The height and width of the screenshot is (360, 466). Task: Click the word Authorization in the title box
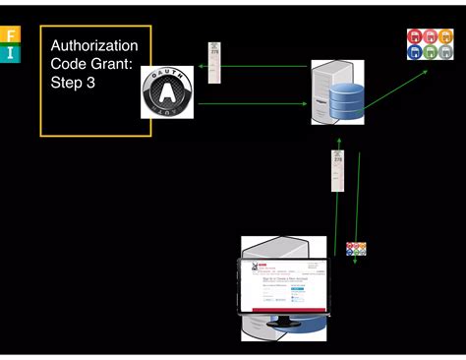point(94,46)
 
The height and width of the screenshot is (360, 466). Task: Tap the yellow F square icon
point(11,35)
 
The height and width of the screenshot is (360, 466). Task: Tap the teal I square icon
point(11,53)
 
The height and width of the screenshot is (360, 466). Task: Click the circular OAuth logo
point(167,92)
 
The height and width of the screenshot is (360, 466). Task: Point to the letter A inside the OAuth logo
point(167,93)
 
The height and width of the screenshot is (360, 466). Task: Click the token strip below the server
point(336,170)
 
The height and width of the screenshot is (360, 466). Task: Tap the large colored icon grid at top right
point(430,44)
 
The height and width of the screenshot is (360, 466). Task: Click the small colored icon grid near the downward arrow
point(356,250)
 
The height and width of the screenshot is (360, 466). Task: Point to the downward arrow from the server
point(358,197)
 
